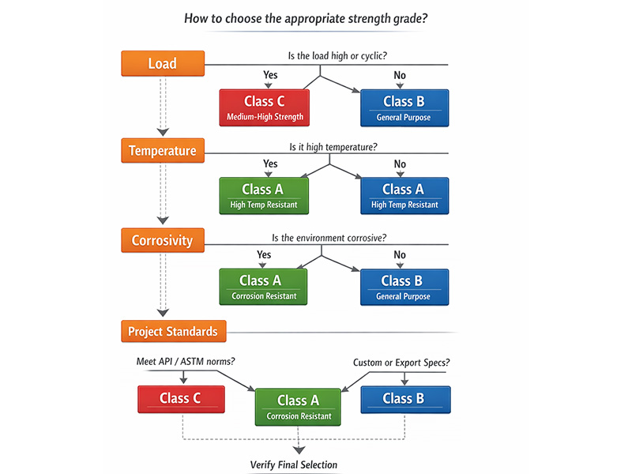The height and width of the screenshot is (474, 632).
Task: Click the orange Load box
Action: coord(163,63)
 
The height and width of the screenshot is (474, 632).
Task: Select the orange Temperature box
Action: coord(163,151)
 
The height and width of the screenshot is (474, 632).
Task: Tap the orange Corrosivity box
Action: coord(163,240)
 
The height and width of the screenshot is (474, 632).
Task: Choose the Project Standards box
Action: coord(174,331)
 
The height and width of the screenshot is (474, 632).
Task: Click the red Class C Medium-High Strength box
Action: coord(264,107)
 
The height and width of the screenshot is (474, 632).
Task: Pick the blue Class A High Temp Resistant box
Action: coord(404,196)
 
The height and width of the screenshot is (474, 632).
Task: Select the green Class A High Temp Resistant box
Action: coord(264,196)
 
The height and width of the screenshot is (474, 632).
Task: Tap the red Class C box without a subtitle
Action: coord(181,399)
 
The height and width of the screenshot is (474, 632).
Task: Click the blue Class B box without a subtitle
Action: coord(404,399)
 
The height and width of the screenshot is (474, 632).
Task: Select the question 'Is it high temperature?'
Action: coord(333,147)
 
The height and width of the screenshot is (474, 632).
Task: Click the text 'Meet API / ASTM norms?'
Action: coord(186,362)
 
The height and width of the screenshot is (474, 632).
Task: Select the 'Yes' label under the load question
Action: coord(270,75)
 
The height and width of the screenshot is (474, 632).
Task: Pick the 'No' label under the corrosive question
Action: coord(400,254)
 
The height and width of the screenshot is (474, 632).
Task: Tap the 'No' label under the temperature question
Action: coord(400,164)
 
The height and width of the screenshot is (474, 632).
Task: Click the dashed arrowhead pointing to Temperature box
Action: coord(163,131)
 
